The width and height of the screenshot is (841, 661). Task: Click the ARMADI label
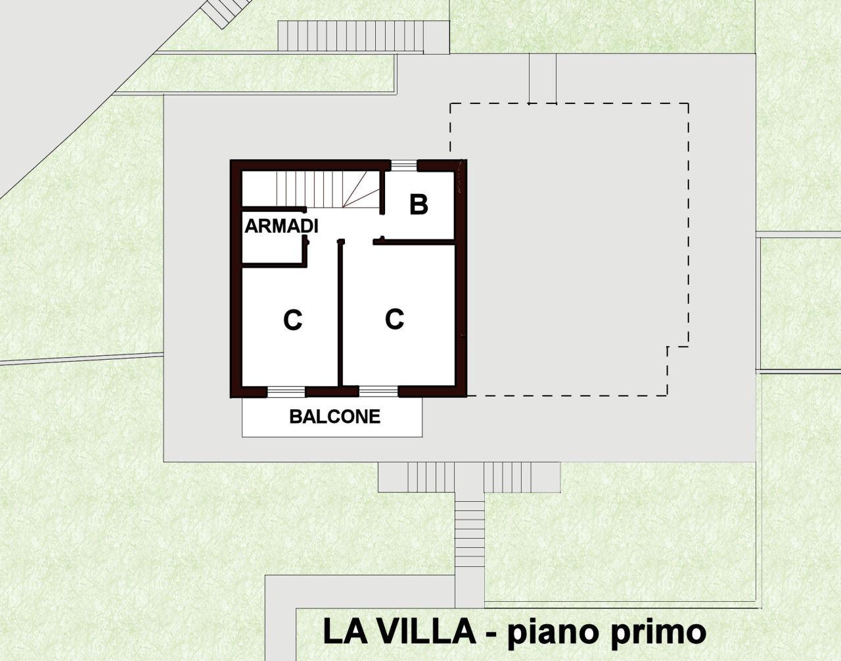pos(281,226)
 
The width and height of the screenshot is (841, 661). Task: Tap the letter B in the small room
pos(419,204)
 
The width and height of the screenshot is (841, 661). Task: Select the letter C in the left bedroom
pos(292,320)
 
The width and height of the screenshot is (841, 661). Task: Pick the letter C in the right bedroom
pos(394,319)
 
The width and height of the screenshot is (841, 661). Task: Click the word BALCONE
pos(335,416)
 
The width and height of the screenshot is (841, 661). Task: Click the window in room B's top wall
pos(403,165)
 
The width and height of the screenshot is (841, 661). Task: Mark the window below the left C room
pos(286,392)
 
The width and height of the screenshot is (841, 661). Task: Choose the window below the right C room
pos(378,392)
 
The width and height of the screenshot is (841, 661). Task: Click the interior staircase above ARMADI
pos(327,189)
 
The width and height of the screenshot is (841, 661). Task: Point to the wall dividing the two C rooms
pos(340,313)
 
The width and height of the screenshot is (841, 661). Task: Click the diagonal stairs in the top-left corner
pos(225,12)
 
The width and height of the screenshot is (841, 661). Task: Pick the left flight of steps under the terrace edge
pos(416,477)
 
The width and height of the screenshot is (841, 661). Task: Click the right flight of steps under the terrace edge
pos(522,477)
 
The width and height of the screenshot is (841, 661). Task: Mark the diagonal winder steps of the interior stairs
pos(361,189)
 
